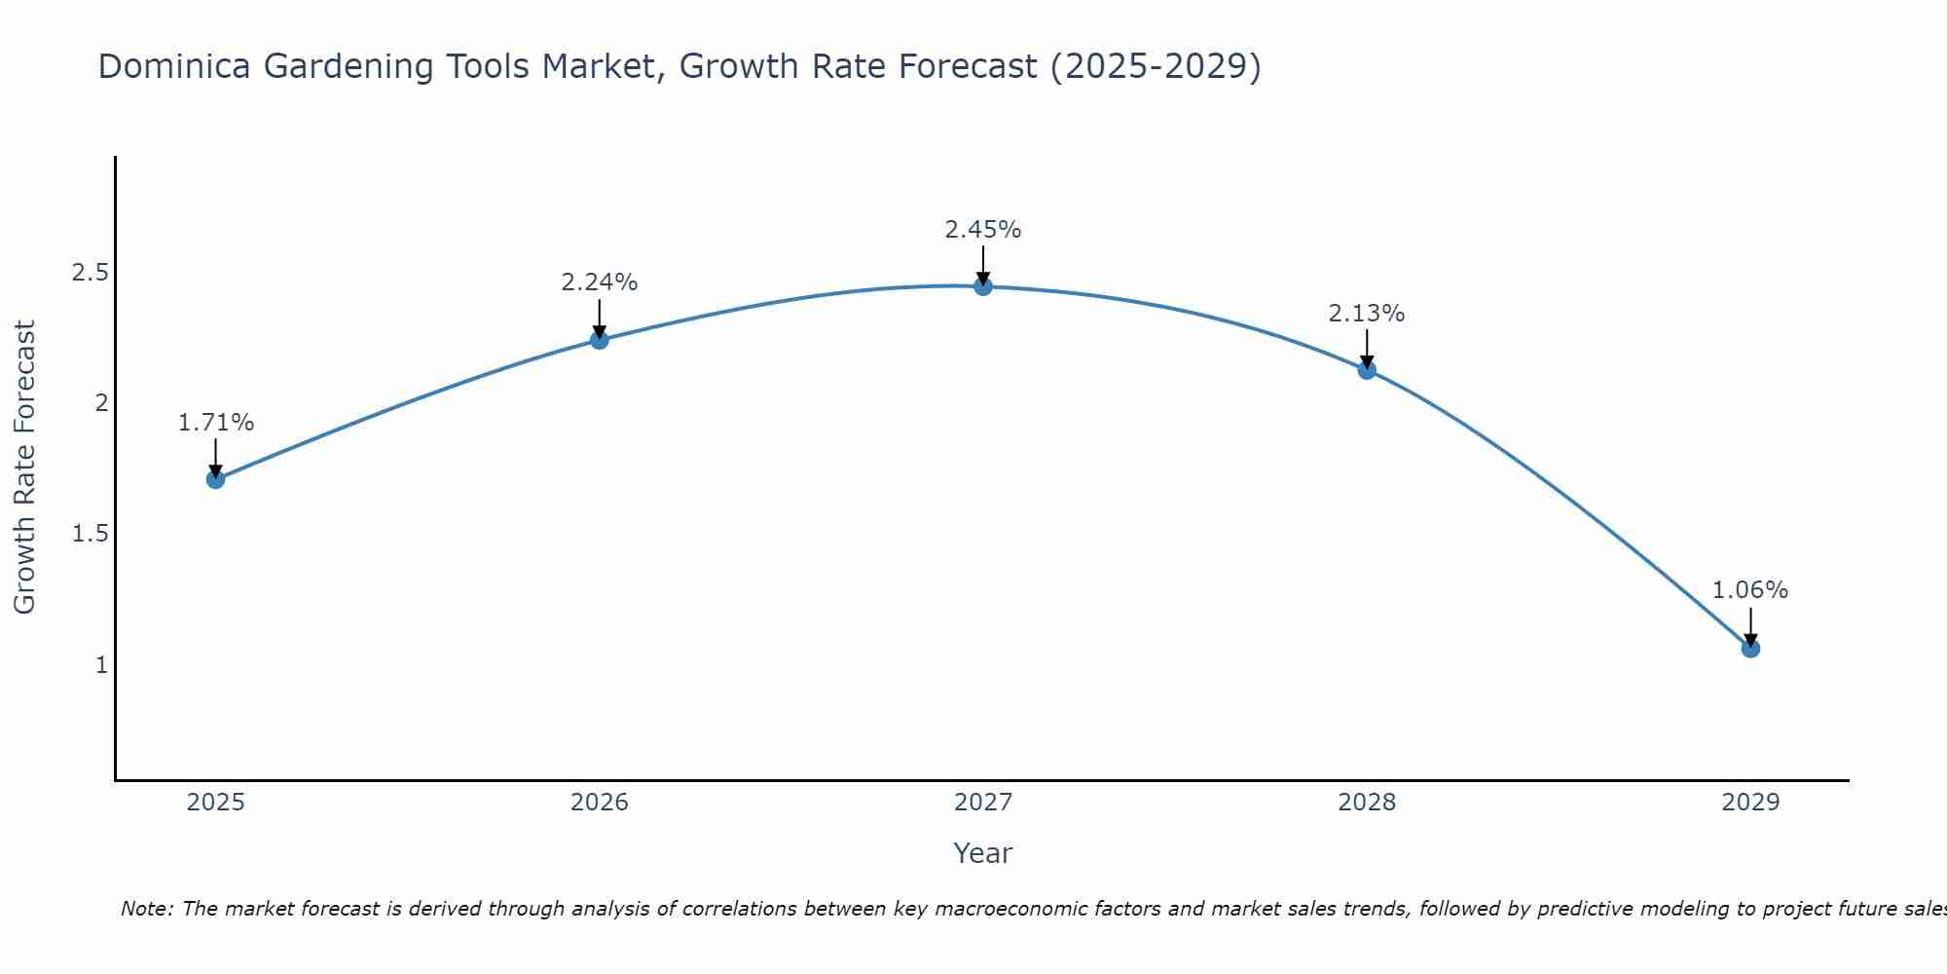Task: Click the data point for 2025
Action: (x=216, y=479)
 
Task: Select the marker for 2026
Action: (x=600, y=340)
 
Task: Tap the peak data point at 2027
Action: (x=983, y=286)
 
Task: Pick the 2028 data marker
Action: (x=1367, y=370)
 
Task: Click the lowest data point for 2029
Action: (x=1750, y=649)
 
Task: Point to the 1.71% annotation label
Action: (x=216, y=423)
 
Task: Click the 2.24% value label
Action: (x=600, y=282)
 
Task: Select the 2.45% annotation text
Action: (x=983, y=230)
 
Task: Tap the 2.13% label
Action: (x=1367, y=314)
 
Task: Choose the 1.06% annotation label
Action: (x=1750, y=590)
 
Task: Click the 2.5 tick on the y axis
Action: (x=90, y=273)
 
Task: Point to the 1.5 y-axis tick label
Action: (x=90, y=534)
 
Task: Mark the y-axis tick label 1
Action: (x=101, y=665)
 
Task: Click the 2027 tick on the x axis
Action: (x=983, y=803)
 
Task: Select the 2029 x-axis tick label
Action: (x=1750, y=803)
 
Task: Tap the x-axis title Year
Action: (x=983, y=853)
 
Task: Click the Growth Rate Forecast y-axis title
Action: (x=25, y=468)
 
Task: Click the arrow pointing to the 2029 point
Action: (x=1750, y=626)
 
